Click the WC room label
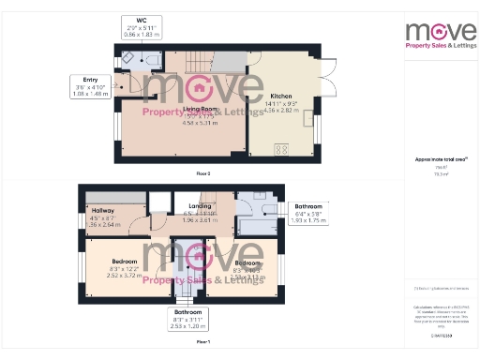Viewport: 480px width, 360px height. tap(141, 20)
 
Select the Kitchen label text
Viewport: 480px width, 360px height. tap(281, 96)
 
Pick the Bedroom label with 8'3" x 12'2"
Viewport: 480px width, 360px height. tap(124, 261)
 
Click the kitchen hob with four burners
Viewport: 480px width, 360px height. tap(280, 149)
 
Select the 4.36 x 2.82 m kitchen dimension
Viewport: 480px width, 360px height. tap(281, 109)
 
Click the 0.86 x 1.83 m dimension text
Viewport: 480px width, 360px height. tap(141, 34)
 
